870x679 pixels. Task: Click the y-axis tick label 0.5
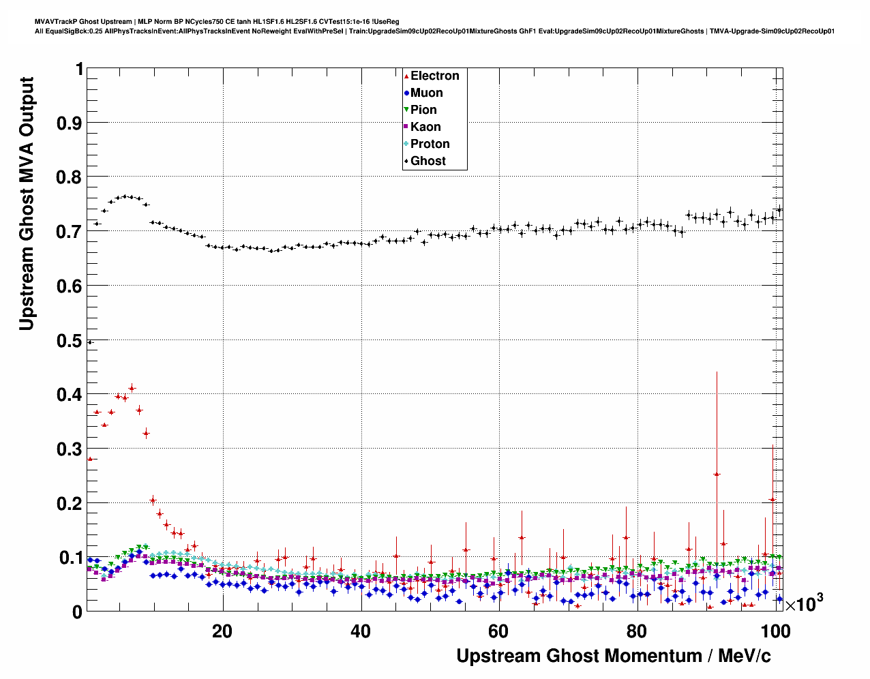[x=68, y=340]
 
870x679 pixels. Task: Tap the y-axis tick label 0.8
[x=68, y=177]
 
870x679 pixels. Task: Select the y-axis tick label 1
[x=79, y=69]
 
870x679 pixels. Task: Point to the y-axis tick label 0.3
[x=68, y=449]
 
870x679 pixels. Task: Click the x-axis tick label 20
[x=222, y=631]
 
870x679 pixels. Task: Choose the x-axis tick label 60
[x=498, y=631]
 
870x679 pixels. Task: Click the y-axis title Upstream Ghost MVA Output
[x=27, y=203]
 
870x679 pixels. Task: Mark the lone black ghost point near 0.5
[x=90, y=342]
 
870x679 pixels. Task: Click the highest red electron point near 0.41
[x=132, y=388]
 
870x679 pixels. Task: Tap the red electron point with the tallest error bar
[x=717, y=474]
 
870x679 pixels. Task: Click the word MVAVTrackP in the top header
[x=55, y=22]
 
